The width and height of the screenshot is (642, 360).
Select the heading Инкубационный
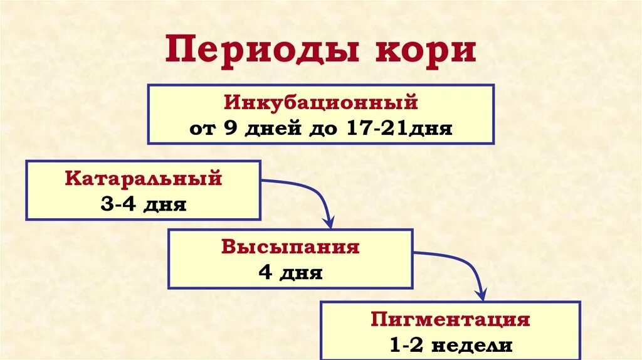(320, 102)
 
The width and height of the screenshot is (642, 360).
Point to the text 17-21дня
(398, 129)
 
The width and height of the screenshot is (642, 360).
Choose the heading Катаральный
(144, 178)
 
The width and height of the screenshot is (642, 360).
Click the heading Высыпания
(290, 246)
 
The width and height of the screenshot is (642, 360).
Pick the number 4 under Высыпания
(264, 273)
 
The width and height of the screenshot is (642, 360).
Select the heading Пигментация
(450, 319)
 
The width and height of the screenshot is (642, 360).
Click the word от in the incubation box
(201, 129)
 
